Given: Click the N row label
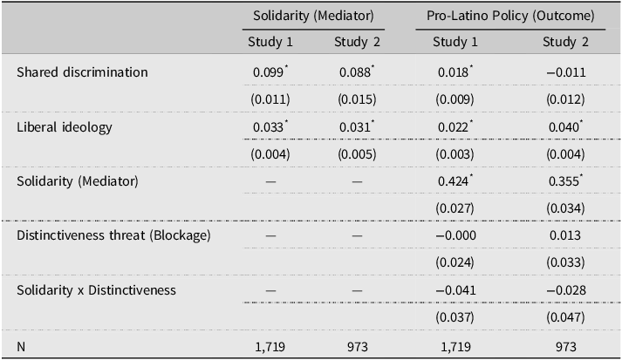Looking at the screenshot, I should pos(22,347).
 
